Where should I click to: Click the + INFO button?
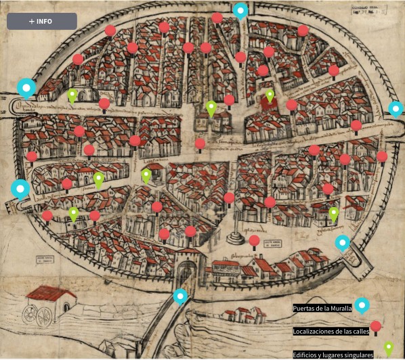click(x=41, y=21)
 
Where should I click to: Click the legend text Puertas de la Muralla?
click(x=322, y=308)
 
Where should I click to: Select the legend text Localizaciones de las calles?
click(x=332, y=332)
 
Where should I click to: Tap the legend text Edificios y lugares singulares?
click(x=333, y=355)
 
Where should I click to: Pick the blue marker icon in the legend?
click(x=362, y=306)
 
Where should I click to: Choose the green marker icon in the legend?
click(x=389, y=348)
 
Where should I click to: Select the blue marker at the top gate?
click(x=240, y=10)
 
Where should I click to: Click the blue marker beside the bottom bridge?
click(x=180, y=296)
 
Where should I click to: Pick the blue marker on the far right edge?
click(x=396, y=108)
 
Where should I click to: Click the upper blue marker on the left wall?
click(x=26, y=87)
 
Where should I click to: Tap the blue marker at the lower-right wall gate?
click(x=343, y=242)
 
